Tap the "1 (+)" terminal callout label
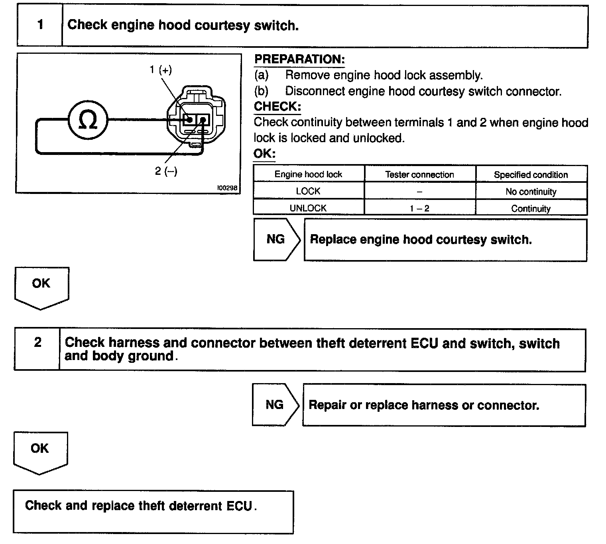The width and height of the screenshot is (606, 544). click(161, 70)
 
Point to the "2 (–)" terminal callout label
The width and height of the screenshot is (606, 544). click(166, 171)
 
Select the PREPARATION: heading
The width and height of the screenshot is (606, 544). click(299, 59)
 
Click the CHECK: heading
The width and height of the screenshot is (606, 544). click(277, 106)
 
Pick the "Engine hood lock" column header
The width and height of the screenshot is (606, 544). click(308, 174)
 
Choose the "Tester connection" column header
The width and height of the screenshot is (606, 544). click(419, 174)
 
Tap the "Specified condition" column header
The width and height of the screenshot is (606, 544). click(531, 174)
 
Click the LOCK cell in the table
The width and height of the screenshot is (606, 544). click(308, 191)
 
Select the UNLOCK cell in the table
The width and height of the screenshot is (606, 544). click(308, 208)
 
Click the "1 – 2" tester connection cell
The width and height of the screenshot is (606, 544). click(419, 208)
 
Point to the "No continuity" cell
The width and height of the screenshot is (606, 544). click(531, 192)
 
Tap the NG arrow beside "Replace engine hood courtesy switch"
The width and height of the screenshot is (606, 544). click(276, 239)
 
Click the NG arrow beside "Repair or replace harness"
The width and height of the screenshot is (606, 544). click(275, 405)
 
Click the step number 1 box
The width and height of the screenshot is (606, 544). click(40, 25)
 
